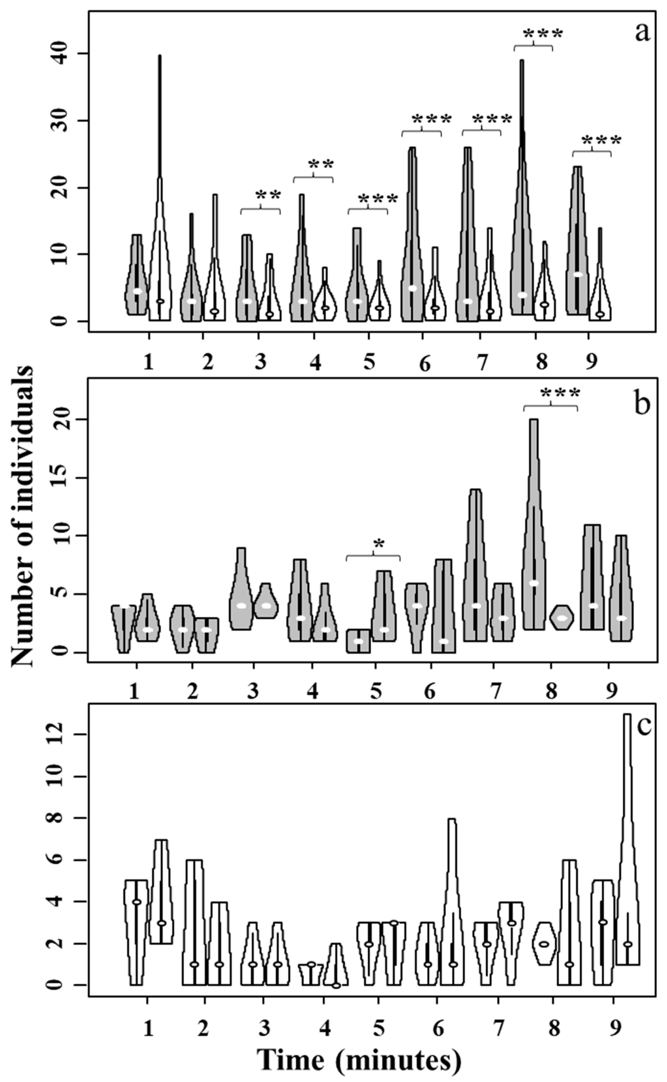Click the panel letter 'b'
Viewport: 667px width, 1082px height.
(642, 404)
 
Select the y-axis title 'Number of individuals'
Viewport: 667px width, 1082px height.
(22, 516)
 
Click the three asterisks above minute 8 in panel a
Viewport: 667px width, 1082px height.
(543, 34)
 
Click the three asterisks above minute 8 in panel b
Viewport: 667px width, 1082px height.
(559, 392)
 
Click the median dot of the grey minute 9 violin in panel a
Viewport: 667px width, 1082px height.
(578, 274)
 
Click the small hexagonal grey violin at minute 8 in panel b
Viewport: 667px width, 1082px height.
(562, 618)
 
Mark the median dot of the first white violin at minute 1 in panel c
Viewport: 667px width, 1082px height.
(137, 902)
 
